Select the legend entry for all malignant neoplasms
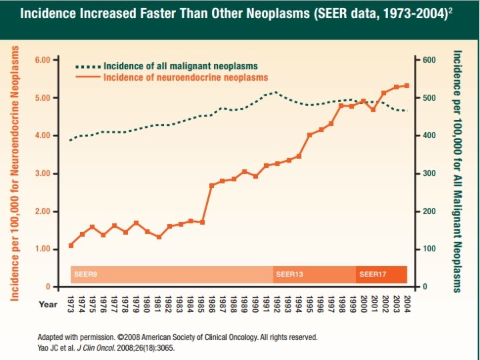[x=180, y=66]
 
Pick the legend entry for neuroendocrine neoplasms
[x=185, y=77]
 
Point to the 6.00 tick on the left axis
[x=42, y=60]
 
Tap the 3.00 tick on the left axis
[x=42, y=173]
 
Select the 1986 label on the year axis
[x=212, y=303]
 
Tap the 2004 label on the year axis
[x=407, y=303]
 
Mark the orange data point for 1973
[x=71, y=245]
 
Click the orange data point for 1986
[x=212, y=185]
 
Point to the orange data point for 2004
[x=407, y=86]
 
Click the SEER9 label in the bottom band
[x=85, y=274]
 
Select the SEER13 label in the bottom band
[x=289, y=274]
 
